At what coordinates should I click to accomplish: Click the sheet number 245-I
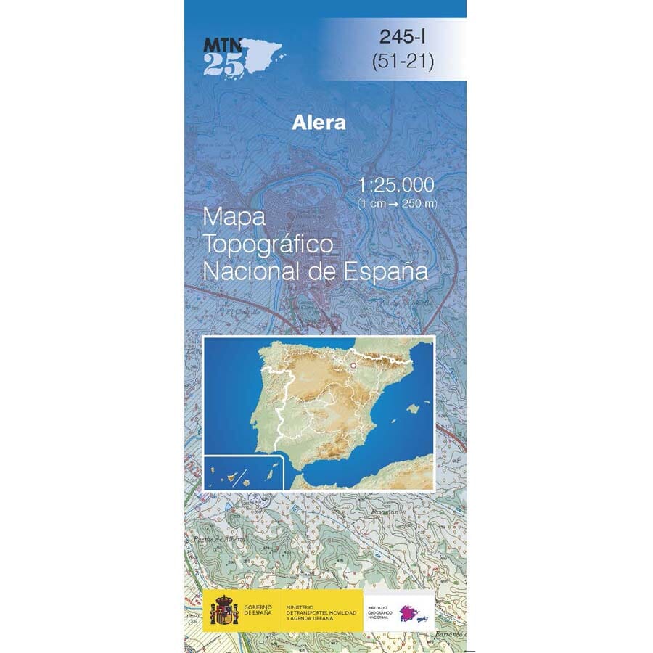pyautogui.click(x=401, y=38)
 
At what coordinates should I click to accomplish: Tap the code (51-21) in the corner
pyautogui.click(x=401, y=62)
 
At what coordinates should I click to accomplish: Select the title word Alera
pyautogui.click(x=319, y=123)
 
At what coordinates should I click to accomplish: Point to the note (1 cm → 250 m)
pyautogui.click(x=398, y=203)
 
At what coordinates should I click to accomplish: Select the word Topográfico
pyautogui.click(x=268, y=245)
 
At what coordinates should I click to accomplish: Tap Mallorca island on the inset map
pyautogui.click(x=413, y=408)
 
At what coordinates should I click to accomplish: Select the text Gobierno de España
pyautogui.click(x=258, y=610)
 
